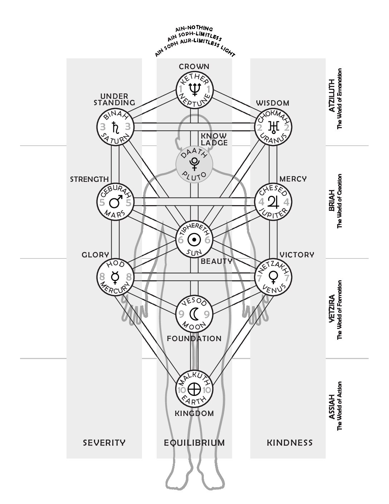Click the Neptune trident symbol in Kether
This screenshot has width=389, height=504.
click(194, 89)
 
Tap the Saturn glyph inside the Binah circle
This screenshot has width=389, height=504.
click(115, 127)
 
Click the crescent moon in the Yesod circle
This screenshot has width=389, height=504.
click(194, 314)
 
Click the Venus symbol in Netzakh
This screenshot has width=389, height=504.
click(274, 277)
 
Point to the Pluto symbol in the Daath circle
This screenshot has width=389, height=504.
click(194, 164)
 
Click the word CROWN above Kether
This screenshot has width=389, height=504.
click(194, 67)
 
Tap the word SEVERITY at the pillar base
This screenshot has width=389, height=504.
click(104, 443)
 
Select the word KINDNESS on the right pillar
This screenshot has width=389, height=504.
click(290, 443)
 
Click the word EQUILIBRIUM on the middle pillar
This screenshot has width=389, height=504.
click(194, 443)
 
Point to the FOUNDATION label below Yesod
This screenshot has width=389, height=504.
click(194, 339)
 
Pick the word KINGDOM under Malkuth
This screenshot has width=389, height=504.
click(194, 413)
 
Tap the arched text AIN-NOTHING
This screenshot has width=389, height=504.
click(194, 29)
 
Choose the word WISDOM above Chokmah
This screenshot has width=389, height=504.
click(272, 103)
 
